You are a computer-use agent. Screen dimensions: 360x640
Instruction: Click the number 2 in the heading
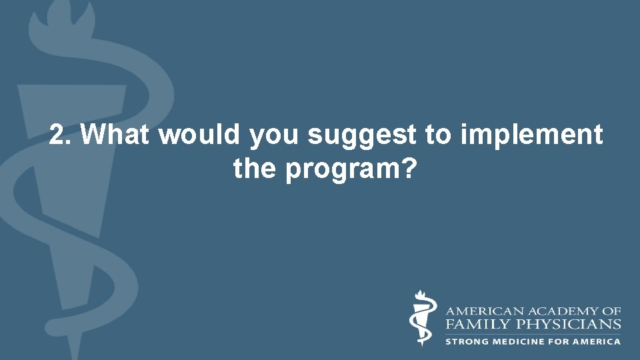[56, 136]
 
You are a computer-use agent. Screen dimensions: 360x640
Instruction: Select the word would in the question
[201, 136]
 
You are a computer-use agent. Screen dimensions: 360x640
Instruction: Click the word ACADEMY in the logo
[555, 311]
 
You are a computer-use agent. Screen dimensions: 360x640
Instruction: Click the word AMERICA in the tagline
[598, 341]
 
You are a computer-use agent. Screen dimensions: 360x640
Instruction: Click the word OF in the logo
[612, 311]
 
